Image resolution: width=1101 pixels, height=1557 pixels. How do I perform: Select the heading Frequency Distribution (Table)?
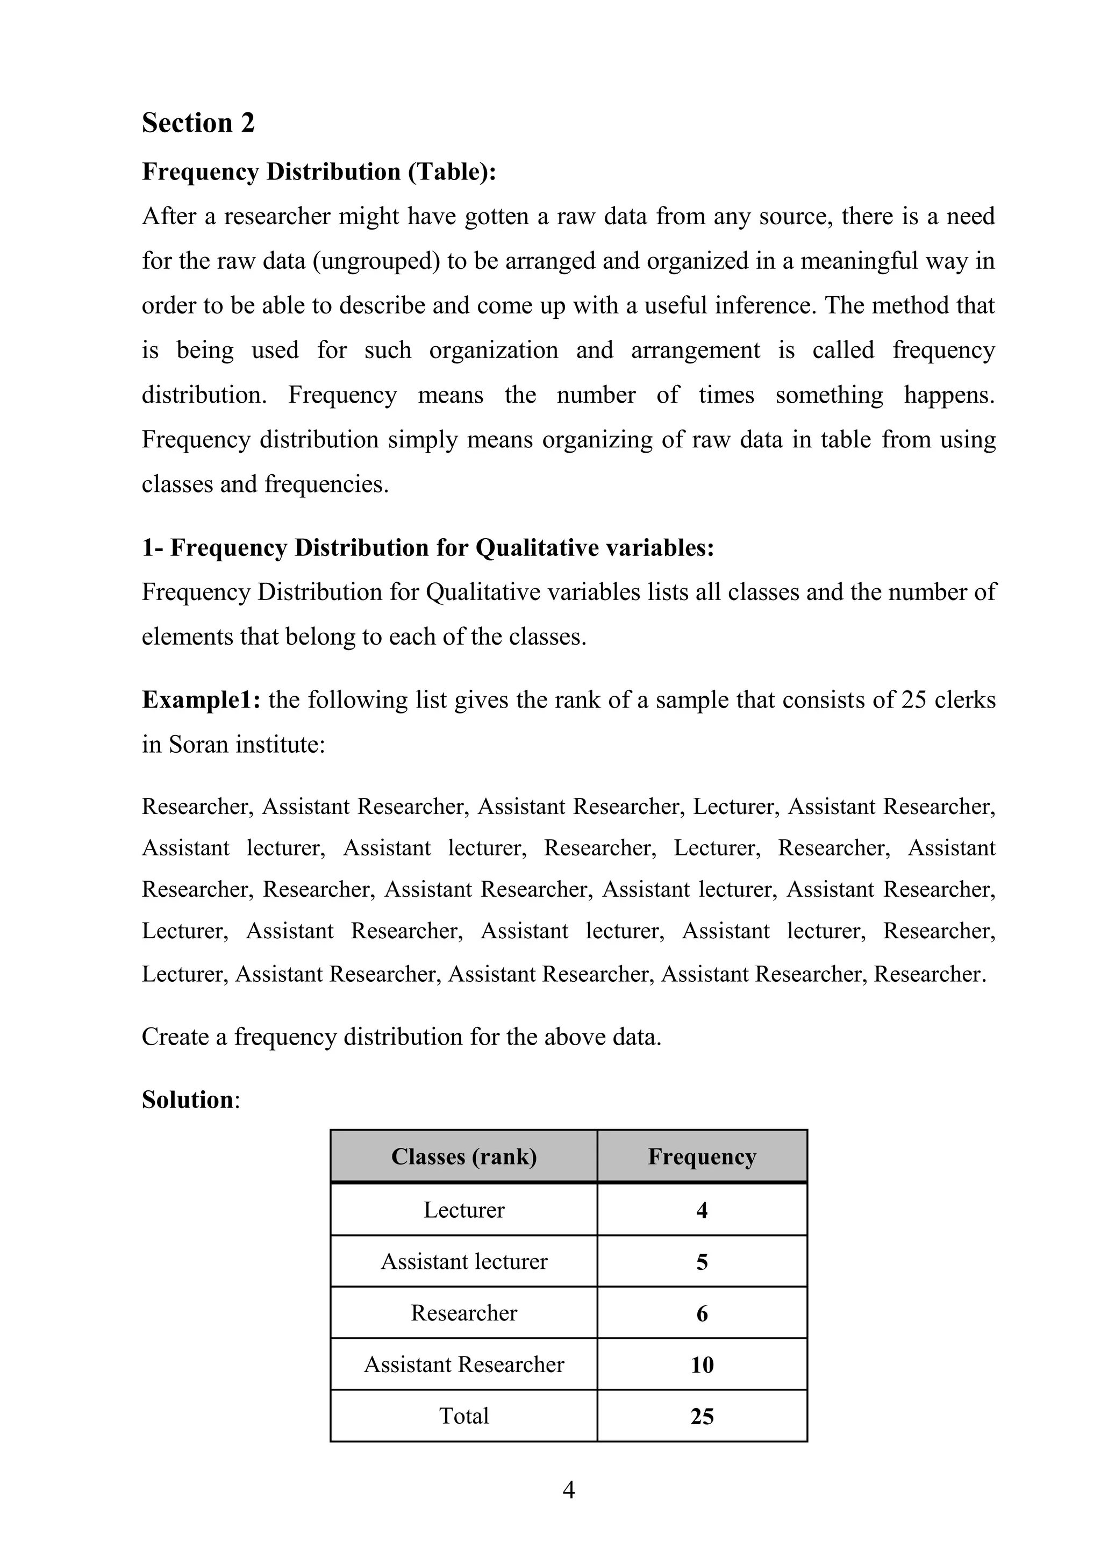tap(319, 172)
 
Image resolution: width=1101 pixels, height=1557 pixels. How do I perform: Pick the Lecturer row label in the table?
tap(464, 1210)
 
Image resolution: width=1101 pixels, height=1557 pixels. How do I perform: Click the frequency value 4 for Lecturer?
tap(702, 1210)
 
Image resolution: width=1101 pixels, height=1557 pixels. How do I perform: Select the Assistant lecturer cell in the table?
tap(464, 1261)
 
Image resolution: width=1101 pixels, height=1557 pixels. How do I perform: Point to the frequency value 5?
tap(702, 1262)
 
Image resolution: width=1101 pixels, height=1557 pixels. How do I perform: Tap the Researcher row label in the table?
tap(464, 1313)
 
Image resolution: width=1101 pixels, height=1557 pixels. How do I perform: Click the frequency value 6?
tap(702, 1313)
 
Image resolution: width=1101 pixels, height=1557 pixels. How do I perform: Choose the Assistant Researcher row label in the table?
tap(464, 1365)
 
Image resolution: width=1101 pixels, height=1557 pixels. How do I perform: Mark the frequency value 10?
tap(702, 1365)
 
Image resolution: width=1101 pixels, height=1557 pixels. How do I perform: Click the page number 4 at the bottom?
tap(568, 1490)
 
